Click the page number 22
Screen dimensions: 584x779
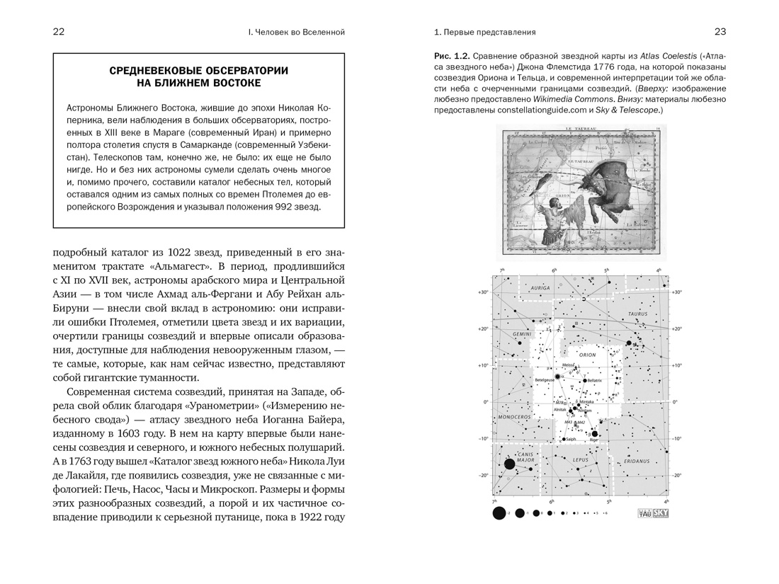[59, 32]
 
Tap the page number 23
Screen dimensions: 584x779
[720, 32]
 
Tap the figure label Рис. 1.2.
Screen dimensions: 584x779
[451, 56]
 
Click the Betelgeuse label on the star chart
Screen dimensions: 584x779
[545, 380]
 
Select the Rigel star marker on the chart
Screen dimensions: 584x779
[595, 434]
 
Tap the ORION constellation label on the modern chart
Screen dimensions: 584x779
[587, 355]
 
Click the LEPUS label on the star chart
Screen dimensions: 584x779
[581, 460]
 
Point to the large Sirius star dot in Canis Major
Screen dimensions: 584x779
[509, 464]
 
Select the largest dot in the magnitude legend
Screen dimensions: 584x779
[499, 513]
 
